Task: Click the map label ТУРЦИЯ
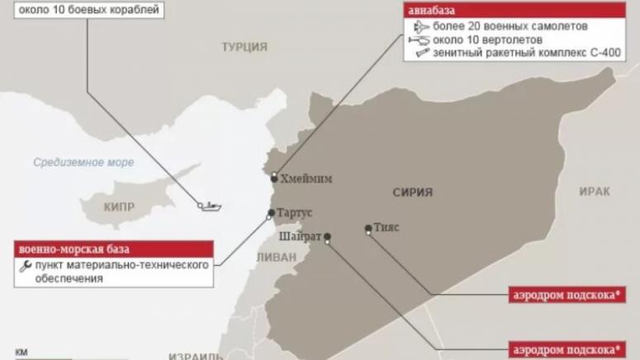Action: (x=244, y=47)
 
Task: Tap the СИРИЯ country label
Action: (x=412, y=192)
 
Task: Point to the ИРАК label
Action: (x=594, y=191)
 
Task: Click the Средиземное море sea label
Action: (x=83, y=163)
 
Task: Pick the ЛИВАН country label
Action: (x=275, y=257)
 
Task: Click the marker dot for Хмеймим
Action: (x=274, y=177)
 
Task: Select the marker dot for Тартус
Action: (x=271, y=213)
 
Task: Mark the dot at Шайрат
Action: (x=328, y=237)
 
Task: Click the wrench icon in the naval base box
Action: (x=24, y=266)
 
